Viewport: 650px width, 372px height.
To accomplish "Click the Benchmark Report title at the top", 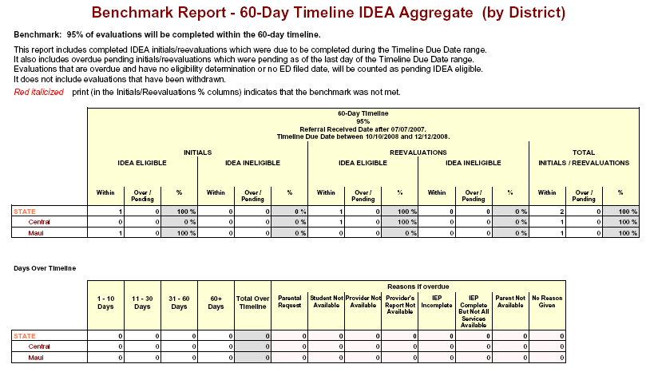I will [328, 13].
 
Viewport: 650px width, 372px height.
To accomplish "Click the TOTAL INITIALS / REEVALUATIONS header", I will [585, 156].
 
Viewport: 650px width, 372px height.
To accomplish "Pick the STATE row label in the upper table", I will [24, 211].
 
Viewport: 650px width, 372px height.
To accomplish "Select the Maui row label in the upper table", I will [37, 233].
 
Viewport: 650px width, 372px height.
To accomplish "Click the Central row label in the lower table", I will [39, 346].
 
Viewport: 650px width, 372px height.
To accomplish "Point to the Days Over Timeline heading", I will [44, 268].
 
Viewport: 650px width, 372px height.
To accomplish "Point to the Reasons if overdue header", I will [418, 286].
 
